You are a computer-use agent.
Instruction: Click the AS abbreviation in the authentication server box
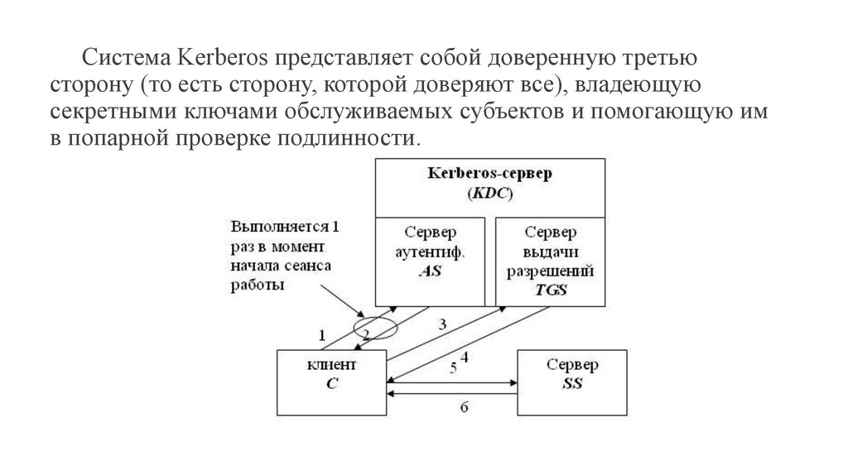431,270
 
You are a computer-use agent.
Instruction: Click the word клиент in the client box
331,364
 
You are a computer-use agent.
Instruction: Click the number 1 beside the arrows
322,335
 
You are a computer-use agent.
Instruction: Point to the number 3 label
442,324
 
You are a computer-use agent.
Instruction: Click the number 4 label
465,357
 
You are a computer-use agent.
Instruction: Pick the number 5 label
453,367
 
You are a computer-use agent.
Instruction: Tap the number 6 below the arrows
464,405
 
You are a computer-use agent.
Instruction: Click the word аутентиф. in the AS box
431,252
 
